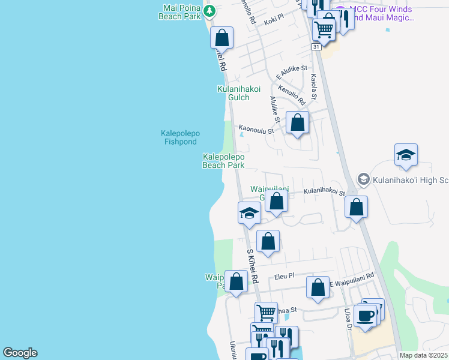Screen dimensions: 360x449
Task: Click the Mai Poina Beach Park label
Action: point(179,13)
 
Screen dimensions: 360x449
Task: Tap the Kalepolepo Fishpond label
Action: point(180,137)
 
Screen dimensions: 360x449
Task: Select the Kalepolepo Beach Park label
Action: point(223,161)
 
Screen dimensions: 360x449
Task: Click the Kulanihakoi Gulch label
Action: point(238,93)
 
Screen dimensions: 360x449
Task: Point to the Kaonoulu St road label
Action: point(256,128)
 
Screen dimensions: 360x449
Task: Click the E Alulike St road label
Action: point(292,73)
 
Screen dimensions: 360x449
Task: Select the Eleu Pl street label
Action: point(284,276)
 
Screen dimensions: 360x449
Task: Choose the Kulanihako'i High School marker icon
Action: point(363,179)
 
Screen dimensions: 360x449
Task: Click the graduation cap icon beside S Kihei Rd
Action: point(249,213)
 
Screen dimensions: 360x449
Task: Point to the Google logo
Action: point(20,353)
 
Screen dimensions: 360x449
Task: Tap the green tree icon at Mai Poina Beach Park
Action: point(209,10)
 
